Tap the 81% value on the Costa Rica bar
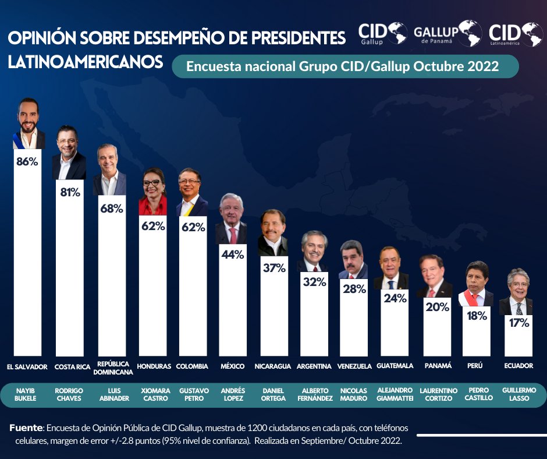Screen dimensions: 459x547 click(70, 192)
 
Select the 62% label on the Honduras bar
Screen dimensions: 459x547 click(152, 227)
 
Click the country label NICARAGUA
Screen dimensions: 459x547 click(272, 366)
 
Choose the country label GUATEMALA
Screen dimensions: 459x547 click(395, 366)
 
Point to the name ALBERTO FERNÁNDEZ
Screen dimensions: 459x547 click(314, 394)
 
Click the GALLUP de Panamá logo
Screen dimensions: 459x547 click(447, 33)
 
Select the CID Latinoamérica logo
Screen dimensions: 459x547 click(516, 33)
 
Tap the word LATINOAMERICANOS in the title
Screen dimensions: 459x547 click(86, 62)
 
